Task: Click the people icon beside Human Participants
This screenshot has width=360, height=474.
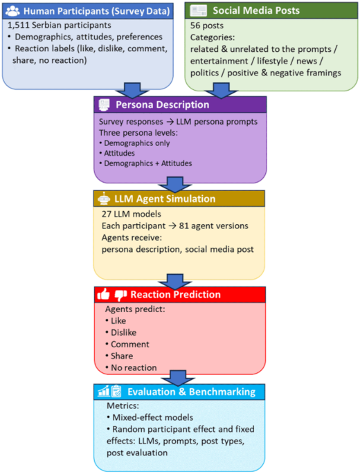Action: point(12,11)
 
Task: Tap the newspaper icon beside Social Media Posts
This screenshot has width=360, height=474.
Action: point(198,10)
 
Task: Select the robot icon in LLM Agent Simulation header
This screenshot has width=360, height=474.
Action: point(104,199)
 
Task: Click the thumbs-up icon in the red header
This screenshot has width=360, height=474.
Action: point(103,294)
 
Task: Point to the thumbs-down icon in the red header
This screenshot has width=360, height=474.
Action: point(120,295)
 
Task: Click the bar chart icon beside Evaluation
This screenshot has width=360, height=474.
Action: point(104,391)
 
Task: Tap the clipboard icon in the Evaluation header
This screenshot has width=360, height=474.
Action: point(116,391)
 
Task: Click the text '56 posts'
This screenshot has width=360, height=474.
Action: point(207,26)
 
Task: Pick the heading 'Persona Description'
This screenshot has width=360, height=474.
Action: point(163,104)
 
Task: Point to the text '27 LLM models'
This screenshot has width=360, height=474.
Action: point(132,214)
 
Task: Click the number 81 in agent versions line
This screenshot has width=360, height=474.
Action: point(184,226)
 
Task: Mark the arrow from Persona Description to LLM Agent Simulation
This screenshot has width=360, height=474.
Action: point(175,184)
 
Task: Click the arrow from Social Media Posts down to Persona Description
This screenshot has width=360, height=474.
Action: point(221,91)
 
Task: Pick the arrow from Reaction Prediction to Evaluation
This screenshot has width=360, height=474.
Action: point(178,378)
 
